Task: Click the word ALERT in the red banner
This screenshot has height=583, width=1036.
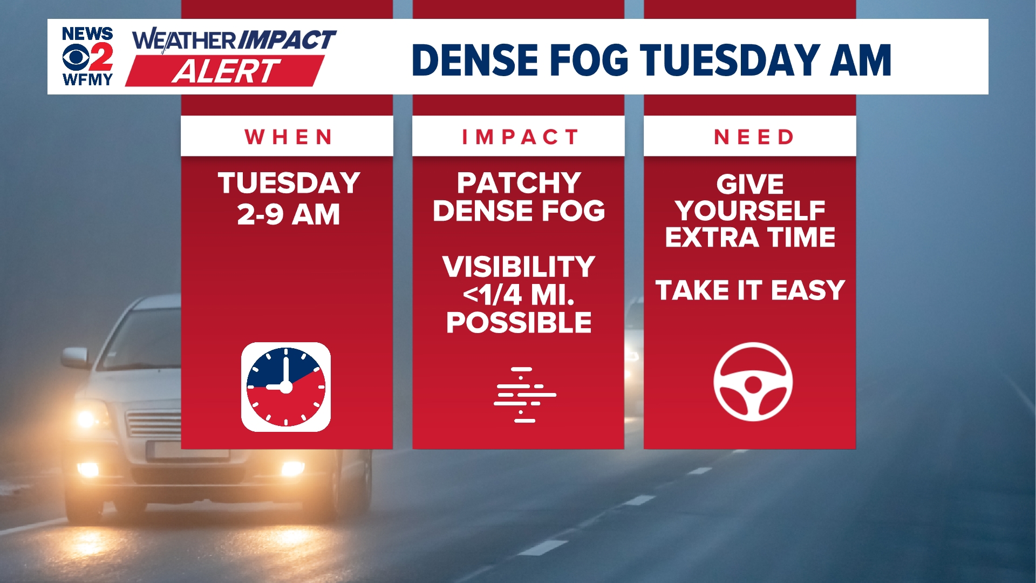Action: pos(226,71)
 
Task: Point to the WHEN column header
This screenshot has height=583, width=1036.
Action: pos(289,137)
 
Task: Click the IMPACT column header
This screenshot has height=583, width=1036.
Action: pos(520,137)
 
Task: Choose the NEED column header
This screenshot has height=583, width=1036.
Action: pos(754,137)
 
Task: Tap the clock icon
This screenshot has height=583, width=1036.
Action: pos(286,387)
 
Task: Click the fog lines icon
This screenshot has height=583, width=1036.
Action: pos(524,395)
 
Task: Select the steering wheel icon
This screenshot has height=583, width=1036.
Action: pos(753,382)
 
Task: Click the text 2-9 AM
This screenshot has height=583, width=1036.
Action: pos(289,215)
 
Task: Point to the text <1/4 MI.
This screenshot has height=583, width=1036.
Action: pos(519,295)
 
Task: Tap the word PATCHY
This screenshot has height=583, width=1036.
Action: pos(519,183)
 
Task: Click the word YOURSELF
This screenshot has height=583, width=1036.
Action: pos(750,211)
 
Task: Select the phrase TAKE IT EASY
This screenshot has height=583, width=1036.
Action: pos(750,290)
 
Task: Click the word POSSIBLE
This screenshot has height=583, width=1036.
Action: pos(519,323)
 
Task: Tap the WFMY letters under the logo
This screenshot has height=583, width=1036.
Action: pos(87,80)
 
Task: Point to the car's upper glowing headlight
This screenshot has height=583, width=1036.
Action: pos(87,418)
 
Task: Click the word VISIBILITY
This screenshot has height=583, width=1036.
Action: pos(519,267)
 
